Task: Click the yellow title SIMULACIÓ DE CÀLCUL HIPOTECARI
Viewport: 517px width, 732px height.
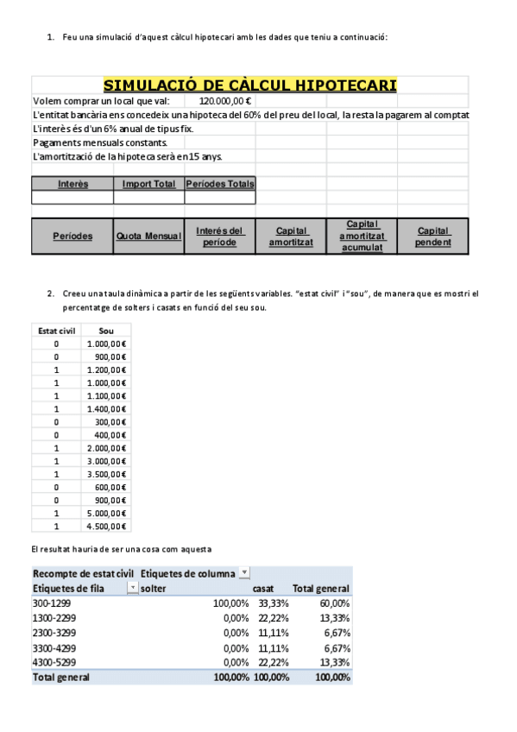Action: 250,85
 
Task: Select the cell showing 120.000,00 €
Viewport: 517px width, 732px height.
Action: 219,100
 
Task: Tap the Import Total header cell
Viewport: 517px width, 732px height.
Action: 148,184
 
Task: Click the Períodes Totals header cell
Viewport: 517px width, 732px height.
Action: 220,184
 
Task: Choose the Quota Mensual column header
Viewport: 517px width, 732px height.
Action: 148,237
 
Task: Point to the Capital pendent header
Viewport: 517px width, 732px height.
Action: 432,237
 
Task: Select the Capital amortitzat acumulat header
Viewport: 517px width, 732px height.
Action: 362,237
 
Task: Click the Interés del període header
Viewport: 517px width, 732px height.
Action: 220,237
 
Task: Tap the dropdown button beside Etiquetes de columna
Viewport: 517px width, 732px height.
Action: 244,573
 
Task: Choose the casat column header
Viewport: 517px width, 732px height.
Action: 263,588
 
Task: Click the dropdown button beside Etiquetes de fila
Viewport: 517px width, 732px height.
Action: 132,588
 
